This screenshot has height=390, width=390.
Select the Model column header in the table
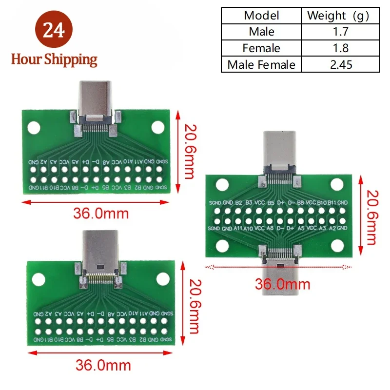(x=261, y=15)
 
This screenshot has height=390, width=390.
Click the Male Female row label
(x=261, y=64)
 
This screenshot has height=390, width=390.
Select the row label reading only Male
(x=261, y=32)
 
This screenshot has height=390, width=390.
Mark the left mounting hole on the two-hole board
(x=34, y=127)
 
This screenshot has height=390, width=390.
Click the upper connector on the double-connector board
(x=279, y=149)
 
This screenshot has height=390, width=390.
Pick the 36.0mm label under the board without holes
(x=103, y=365)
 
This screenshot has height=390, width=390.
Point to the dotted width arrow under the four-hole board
(x=278, y=267)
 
